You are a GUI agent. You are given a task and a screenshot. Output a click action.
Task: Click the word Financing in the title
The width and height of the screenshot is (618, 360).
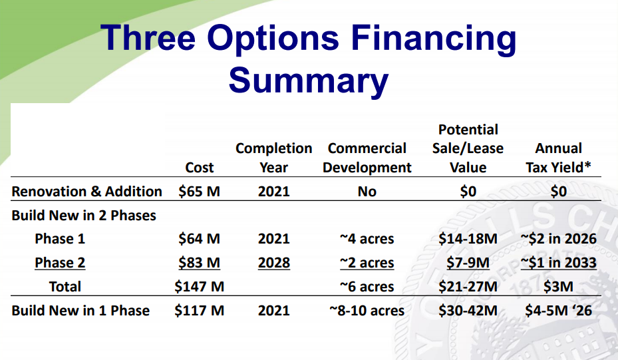coord(433,39)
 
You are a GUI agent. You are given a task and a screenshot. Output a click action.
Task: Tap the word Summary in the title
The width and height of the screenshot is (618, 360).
coord(309,81)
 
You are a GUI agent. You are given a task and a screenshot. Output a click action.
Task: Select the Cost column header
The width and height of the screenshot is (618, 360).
coord(200,168)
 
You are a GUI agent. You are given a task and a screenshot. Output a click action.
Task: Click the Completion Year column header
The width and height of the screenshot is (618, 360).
coord(274,158)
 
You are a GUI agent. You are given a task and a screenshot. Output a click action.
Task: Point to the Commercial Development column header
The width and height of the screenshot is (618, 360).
coord(367,158)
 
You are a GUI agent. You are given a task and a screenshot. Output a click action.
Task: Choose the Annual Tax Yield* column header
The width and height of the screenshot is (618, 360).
coord(559,158)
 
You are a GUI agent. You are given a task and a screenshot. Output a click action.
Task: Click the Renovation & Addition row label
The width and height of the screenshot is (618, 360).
coord(86,191)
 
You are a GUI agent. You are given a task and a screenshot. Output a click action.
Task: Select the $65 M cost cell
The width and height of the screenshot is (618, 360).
coord(199,191)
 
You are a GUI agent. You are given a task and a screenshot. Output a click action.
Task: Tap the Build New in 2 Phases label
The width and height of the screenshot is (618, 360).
coord(84,216)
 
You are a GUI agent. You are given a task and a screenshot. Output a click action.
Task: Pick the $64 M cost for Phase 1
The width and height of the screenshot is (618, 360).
coord(199,238)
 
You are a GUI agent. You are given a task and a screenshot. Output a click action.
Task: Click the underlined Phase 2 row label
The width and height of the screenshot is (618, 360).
coord(60,263)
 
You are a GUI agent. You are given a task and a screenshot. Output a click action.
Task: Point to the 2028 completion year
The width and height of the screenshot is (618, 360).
coord(274,263)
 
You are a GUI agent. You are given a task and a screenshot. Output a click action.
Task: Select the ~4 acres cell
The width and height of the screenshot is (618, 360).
coord(367,238)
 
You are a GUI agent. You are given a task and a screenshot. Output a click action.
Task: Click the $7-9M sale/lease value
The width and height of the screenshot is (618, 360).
coord(468,263)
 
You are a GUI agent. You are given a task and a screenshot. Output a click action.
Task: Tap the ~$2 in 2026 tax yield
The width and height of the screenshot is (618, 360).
coord(559,238)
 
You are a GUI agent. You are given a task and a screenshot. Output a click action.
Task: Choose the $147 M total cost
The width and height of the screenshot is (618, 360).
coord(200,287)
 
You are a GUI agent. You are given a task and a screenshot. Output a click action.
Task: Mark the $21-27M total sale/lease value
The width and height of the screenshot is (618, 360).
coord(468,287)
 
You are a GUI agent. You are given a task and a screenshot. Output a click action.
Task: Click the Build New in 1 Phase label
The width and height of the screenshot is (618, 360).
coord(80,311)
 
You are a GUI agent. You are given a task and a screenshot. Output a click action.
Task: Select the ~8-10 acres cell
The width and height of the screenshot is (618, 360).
coord(367,311)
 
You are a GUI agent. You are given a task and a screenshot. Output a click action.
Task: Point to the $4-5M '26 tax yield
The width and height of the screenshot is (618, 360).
coord(559,311)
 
